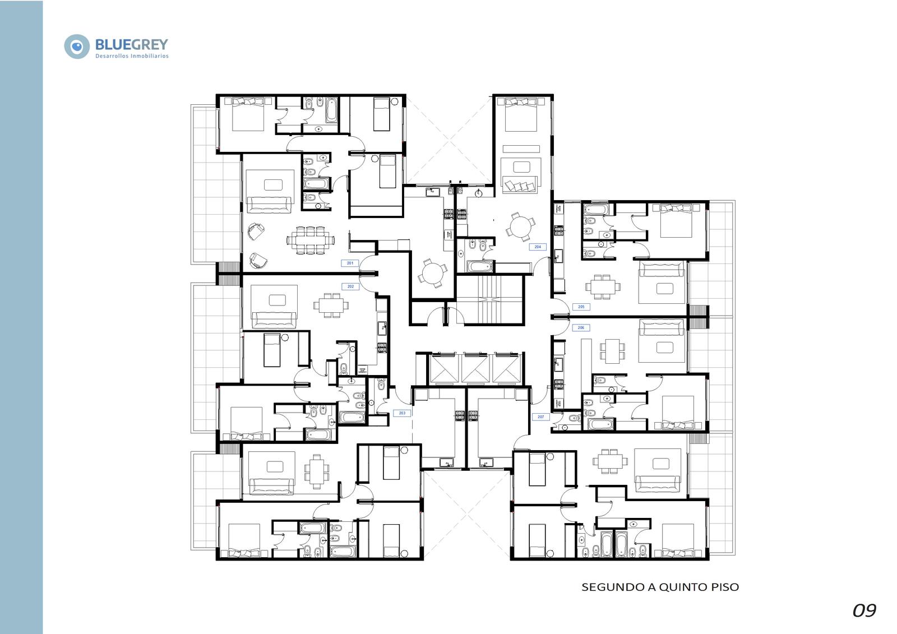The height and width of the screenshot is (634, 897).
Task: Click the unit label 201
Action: point(350,263)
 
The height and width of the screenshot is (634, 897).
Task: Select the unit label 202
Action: point(350,286)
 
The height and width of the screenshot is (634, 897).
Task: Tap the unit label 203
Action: point(402,413)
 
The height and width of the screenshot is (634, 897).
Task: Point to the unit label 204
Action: point(538,247)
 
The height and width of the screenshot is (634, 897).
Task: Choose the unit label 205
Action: point(581,307)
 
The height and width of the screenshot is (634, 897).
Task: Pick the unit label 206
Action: point(581,327)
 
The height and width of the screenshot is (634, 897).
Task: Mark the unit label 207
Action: point(540,417)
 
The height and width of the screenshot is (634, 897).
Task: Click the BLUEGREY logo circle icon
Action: point(77,47)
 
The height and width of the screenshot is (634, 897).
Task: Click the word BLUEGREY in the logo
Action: point(132,44)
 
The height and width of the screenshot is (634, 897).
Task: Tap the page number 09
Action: point(864,611)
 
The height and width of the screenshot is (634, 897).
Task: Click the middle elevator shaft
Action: point(475,368)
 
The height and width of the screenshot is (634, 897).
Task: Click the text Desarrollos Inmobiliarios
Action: point(132,56)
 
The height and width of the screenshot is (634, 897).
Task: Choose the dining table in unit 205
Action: point(603,287)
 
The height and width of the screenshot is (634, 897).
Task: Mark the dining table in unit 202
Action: point(331,306)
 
